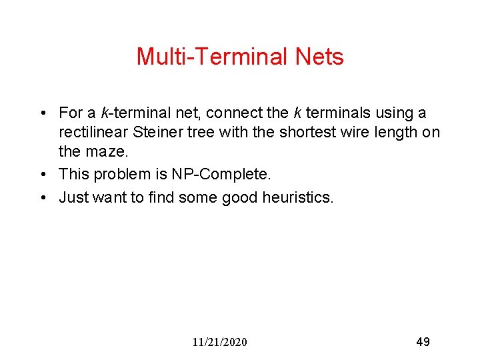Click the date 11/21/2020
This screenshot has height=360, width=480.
pos(219,342)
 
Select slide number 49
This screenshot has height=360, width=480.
pos(423,342)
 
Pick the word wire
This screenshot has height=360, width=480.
pos(357,133)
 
